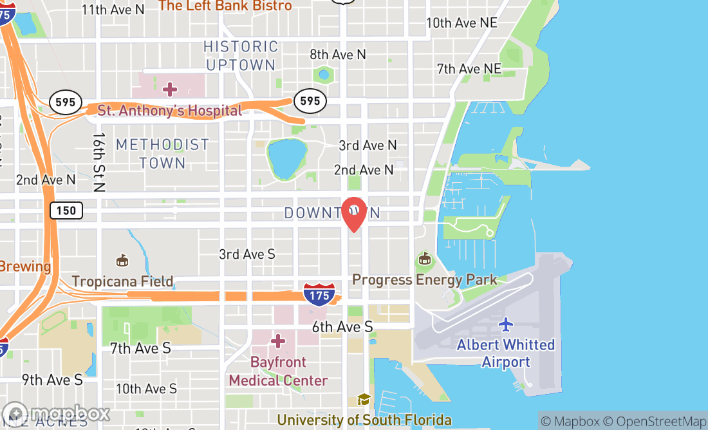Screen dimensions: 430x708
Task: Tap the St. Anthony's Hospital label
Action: tap(170, 111)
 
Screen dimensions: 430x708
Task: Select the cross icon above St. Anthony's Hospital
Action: tap(170, 88)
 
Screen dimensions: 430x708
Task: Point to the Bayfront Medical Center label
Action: tap(278, 371)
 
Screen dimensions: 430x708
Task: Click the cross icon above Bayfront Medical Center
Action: tap(278, 341)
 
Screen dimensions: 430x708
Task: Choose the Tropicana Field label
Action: tap(122, 281)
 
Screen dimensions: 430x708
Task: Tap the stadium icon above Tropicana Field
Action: tap(122, 260)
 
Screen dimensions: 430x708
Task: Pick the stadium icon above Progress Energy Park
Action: tap(424, 259)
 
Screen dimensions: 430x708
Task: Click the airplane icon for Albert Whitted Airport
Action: tap(506, 324)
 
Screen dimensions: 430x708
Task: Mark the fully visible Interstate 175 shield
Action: tap(320, 293)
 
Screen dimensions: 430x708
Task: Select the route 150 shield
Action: tap(66, 210)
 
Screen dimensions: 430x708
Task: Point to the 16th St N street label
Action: tap(98, 163)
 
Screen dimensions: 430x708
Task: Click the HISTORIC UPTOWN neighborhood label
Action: tap(241, 55)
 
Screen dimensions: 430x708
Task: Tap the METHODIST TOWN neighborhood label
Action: tap(162, 154)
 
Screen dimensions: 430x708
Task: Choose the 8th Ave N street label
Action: tap(338, 55)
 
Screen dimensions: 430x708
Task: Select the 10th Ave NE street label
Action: tap(461, 23)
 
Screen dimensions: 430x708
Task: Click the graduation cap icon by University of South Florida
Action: tap(364, 400)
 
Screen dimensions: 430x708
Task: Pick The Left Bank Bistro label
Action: tap(225, 6)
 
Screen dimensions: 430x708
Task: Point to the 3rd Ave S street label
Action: tap(247, 254)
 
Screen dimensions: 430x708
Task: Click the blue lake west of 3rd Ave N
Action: tap(287, 159)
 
